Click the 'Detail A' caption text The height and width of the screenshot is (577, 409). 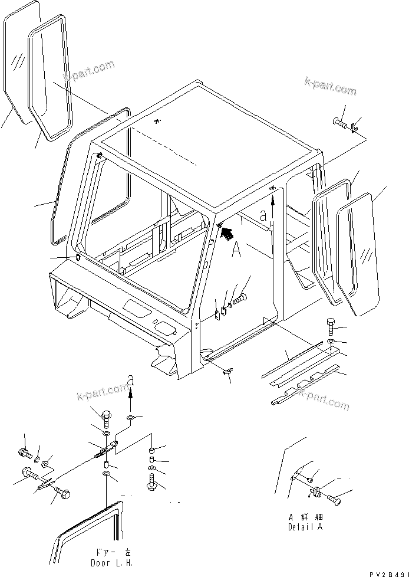[x=305, y=527]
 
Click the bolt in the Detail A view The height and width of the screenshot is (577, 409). [x=332, y=500]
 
